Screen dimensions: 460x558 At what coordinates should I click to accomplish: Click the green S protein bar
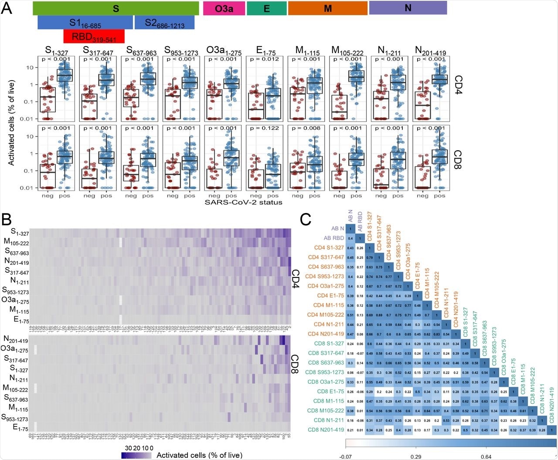pyautogui.click(x=116, y=8)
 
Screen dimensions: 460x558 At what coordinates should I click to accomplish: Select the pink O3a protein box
pyautogui.click(x=224, y=8)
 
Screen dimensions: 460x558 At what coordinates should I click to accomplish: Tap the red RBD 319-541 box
pyautogui.click(x=94, y=37)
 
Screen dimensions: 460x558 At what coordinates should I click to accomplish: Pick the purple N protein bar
pyautogui.click(x=408, y=8)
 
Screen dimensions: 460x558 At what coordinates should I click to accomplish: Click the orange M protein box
pyautogui.click(x=327, y=8)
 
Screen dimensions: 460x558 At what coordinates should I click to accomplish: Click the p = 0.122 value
pyautogui.click(x=265, y=129)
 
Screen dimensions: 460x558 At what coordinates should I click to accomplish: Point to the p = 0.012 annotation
pyautogui.click(x=265, y=59)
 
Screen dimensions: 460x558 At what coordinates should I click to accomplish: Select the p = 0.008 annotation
pyautogui.click(x=306, y=129)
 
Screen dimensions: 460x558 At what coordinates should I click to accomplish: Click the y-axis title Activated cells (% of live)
pyautogui.click(x=11, y=122)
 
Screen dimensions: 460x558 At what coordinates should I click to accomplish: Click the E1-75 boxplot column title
pyautogui.click(x=265, y=51)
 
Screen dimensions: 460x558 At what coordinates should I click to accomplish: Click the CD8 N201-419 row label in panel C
pyautogui.click(x=325, y=430)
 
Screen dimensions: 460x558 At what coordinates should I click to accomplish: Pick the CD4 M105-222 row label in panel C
pyautogui.click(x=325, y=315)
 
